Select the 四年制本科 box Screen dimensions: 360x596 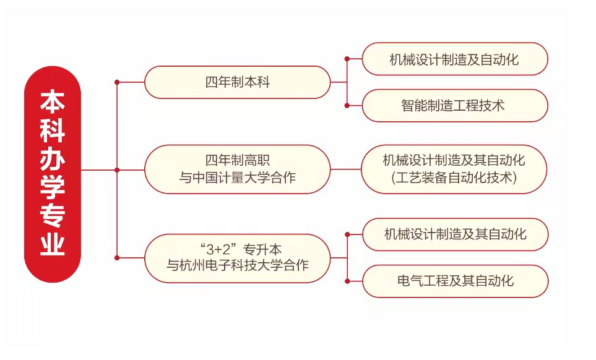(238, 82)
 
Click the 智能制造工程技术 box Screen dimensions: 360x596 (454, 105)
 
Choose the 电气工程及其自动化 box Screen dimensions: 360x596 (455, 281)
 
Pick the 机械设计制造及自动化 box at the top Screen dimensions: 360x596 (454, 59)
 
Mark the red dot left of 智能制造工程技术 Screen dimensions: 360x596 (347, 105)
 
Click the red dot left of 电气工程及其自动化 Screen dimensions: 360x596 (347, 281)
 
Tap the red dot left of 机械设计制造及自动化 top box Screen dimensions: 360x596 (347, 59)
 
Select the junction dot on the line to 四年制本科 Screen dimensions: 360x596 (117, 82)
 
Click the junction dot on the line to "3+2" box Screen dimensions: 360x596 (117, 257)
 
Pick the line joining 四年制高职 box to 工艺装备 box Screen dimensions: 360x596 (345, 169)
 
